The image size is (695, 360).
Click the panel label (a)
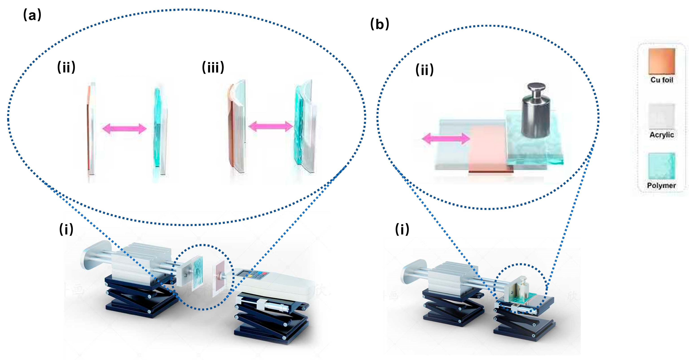[32, 15]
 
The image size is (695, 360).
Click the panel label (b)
[379, 24]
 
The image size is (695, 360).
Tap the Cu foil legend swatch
[662, 61]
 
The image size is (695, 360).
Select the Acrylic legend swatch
[662, 116]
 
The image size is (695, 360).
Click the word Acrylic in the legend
[662, 135]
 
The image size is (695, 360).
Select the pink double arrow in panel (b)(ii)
[446, 139]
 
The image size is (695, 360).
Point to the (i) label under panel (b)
[402, 229]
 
